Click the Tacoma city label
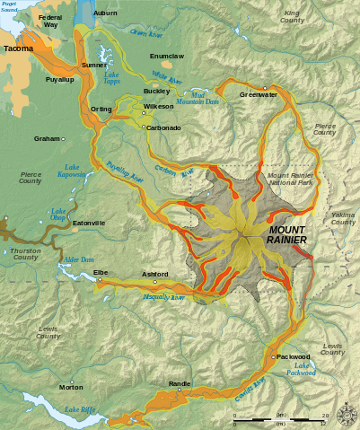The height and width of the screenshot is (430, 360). [19, 48]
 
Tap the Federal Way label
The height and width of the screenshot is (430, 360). [50, 22]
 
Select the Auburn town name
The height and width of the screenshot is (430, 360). [105, 13]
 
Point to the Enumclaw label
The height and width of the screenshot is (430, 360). [166, 56]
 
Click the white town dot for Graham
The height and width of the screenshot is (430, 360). [63, 139]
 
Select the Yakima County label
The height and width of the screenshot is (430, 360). [343, 219]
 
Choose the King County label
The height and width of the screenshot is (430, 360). [293, 17]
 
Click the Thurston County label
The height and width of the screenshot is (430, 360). [25, 254]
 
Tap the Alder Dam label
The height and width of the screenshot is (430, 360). [78, 259]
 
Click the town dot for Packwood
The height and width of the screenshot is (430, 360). [273, 358]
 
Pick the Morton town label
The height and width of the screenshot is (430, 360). [71, 387]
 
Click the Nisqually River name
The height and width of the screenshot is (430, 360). [164, 297]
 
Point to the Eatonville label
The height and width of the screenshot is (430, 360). [89, 223]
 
